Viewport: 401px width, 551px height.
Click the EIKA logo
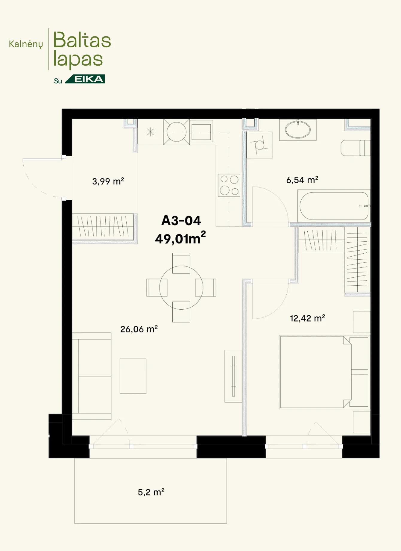pos(85,79)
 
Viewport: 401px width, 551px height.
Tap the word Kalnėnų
pos(26,44)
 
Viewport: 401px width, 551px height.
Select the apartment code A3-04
pos(181,221)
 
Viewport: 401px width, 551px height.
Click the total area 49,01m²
pos(180,238)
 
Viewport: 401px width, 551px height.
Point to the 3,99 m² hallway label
pos(108,181)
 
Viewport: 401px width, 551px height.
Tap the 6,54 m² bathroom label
pos(302,180)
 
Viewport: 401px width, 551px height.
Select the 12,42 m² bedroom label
pos(307,318)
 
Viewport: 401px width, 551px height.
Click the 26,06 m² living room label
pos(139,329)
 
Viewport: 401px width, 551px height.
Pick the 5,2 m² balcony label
pos(151,492)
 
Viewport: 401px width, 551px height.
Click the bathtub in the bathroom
pos(334,206)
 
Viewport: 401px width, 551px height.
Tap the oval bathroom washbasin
pos(298,130)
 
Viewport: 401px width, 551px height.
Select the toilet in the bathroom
pos(356,148)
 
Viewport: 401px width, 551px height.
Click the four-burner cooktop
pos(229,185)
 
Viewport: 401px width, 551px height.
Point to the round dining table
pos(181,287)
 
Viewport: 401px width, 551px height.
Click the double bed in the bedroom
pos(315,372)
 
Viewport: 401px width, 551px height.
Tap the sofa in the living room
pos(92,376)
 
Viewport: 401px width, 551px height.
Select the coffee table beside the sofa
pos(133,376)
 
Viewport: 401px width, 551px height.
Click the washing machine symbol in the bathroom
pos(259,145)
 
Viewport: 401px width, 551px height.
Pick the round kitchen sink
pos(177,132)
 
